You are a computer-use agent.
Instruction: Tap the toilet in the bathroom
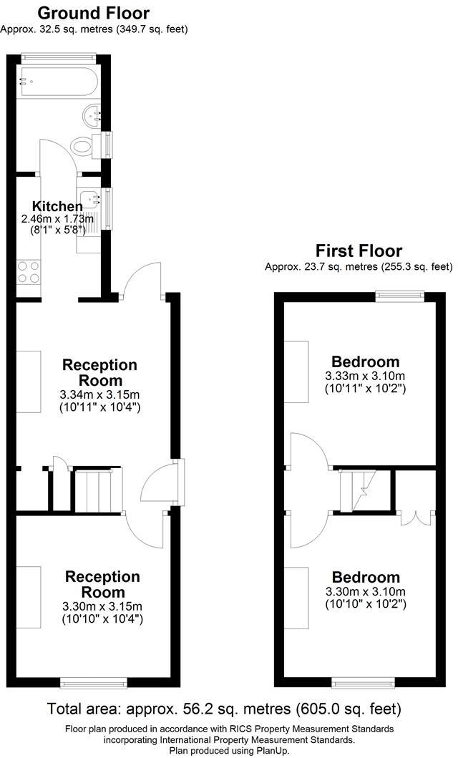click(x=83, y=146)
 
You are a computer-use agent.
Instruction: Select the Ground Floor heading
click(x=93, y=13)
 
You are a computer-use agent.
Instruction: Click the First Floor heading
click(x=359, y=251)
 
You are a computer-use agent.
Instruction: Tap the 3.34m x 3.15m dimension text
click(x=99, y=394)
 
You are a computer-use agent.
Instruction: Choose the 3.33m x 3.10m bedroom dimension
click(x=365, y=376)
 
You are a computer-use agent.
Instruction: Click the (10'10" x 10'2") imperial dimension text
click(x=365, y=604)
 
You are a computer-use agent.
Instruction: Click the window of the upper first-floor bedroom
click(x=400, y=294)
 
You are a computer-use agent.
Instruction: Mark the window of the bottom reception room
click(x=88, y=681)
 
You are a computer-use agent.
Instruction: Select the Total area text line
click(x=223, y=709)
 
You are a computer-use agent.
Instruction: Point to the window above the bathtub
click(x=58, y=55)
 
